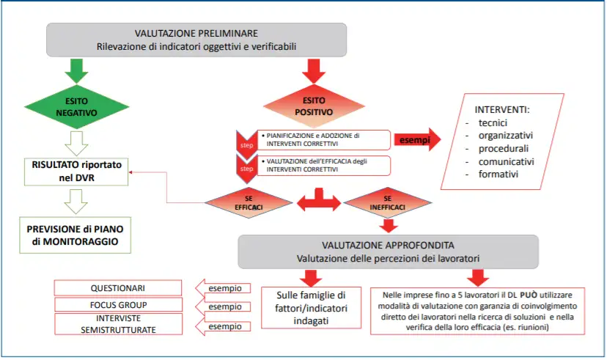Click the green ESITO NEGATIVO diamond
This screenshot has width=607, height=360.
(x=76, y=108)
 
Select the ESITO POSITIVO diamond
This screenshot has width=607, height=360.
(x=314, y=106)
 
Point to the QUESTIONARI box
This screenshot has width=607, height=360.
(x=118, y=288)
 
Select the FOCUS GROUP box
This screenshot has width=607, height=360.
(x=118, y=305)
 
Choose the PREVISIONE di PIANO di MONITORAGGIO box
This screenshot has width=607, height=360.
(x=76, y=234)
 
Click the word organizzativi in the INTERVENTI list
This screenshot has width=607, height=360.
(x=506, y=135)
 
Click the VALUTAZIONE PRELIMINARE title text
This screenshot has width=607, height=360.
(x=196, y=34)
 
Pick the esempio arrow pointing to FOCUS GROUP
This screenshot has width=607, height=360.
(x=224, y=306)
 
